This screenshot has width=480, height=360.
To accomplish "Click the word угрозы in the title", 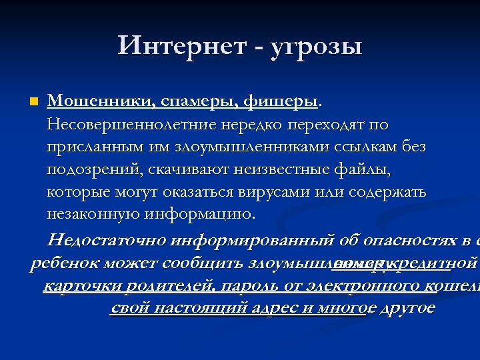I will tap(317, 47).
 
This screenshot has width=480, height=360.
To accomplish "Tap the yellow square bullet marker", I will tap(34, 102).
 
